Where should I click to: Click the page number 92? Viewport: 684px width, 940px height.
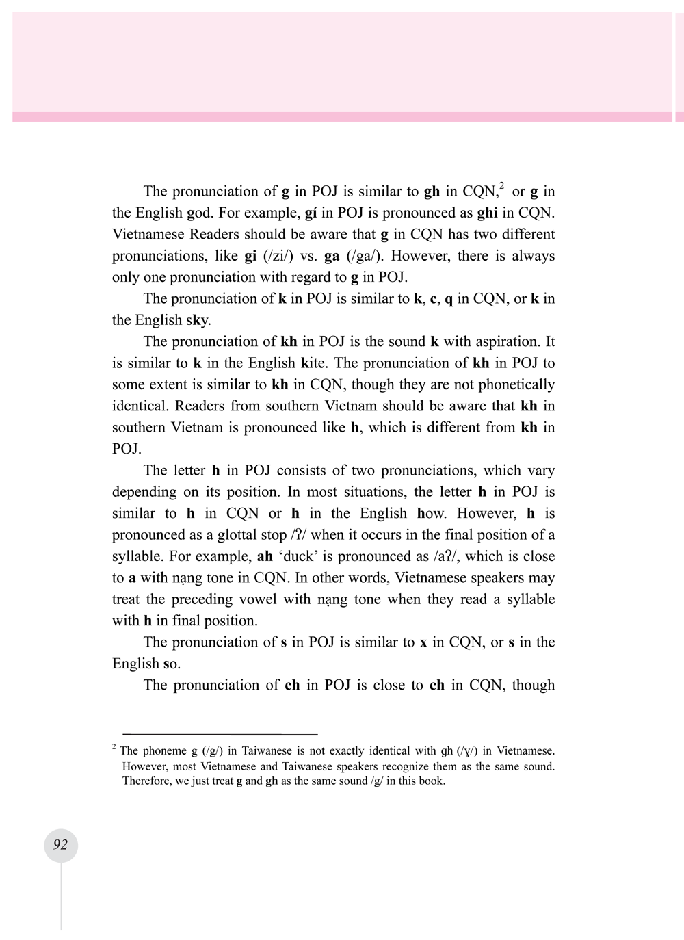[60, 845]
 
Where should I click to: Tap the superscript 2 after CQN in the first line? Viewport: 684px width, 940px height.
[501, 186]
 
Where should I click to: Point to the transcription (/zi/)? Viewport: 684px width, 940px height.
[278, 256]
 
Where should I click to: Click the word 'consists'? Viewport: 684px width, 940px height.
[305, 471]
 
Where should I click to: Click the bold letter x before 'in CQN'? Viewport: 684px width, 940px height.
[423, 642]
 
